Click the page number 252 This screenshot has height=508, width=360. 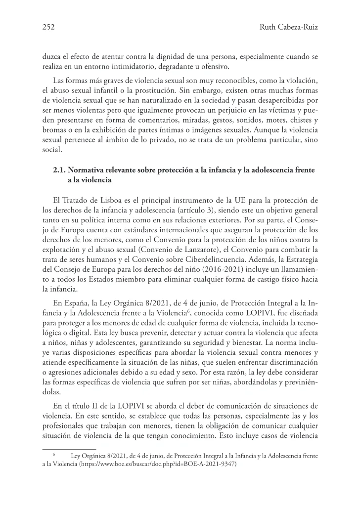tap(48, 28)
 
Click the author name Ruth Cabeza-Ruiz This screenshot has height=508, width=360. tap(288, 28)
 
